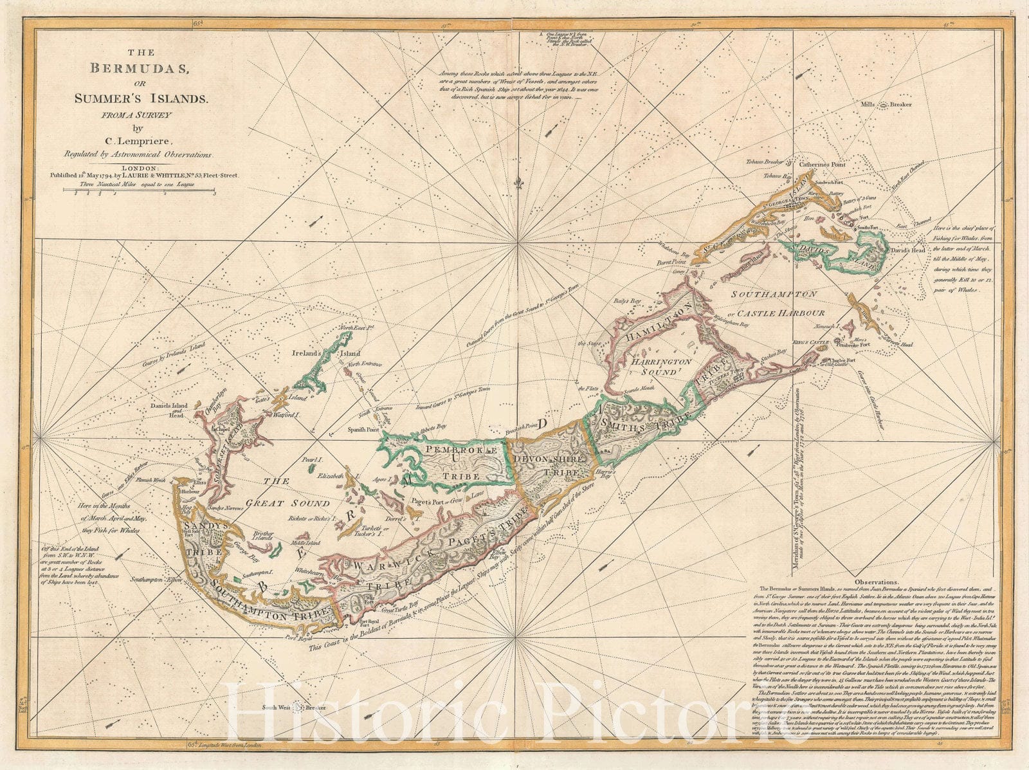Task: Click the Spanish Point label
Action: [363, 428]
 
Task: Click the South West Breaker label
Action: [293, 708]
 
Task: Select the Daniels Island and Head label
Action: [168, 410]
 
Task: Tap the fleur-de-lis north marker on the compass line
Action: [517, 185]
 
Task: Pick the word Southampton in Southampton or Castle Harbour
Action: [774, 293]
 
